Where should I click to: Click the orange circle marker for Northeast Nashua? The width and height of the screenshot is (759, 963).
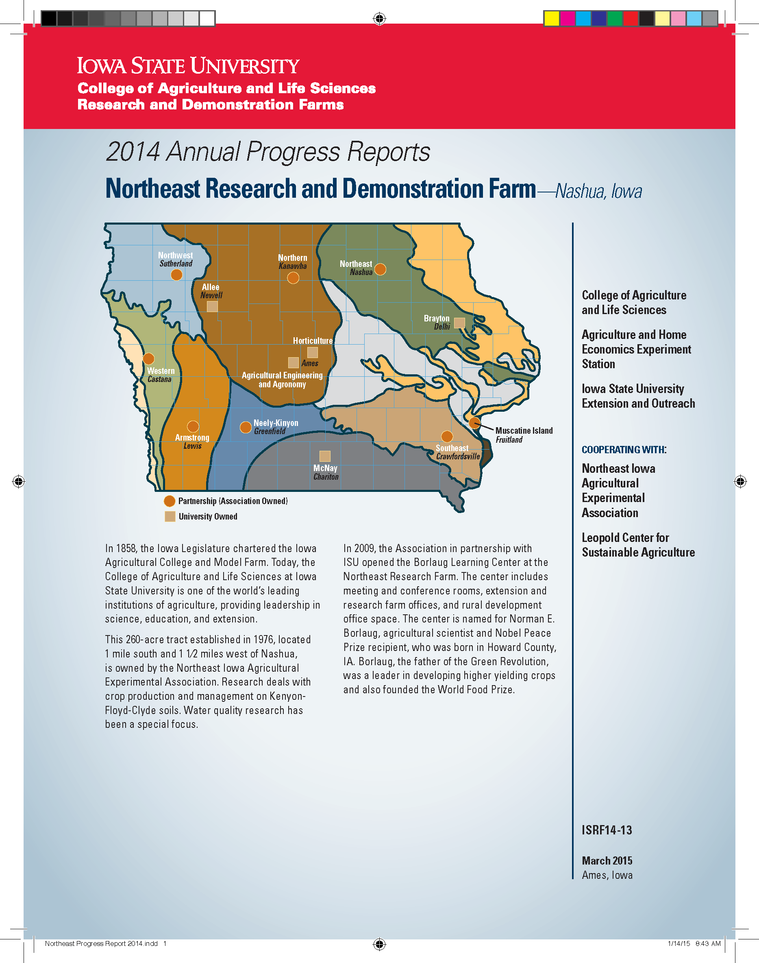pyautogui.click(x=381, y=269)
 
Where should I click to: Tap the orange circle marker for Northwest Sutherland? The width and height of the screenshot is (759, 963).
pyautogui.click(x=176, y=275)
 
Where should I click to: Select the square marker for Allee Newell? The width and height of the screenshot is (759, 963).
pyautogui.click(x=212, y=306)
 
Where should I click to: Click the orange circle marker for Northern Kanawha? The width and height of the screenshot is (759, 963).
pyautogui.click(x=293, y=278)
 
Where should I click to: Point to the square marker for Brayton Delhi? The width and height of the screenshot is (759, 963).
pyautogui.click(x=459, y=323)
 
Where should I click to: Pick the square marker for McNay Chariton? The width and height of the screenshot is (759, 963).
pyautogui.click(x=325, y=456)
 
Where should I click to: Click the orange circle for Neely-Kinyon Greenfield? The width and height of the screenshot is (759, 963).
pyautogui.click(x=246, y=427)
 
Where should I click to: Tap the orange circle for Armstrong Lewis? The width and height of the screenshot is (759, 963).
pyautogui.click(x=193, y=427)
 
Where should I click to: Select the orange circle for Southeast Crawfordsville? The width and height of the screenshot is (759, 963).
pyautogui.click(x=447, y=437)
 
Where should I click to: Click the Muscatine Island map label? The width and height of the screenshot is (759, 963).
pyautogui.click(x=524, y=430)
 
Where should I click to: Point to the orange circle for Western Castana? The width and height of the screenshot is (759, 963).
pyautogui.click(x=148, y=358)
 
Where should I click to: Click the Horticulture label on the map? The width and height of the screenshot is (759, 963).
pyautogui.click(x=312, y=341)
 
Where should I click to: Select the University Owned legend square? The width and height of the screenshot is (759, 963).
pyautogui.click(x=170, y=516)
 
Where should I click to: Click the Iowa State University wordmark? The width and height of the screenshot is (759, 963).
pyautogui.click(x=188, y=66)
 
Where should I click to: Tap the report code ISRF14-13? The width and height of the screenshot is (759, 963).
pyautogui.click(x=607, y=830)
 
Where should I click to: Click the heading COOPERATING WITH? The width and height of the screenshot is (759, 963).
pyautogui.click(x=624, y=450)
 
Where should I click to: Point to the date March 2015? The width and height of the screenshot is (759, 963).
pyautogui.click(x=607, y=860)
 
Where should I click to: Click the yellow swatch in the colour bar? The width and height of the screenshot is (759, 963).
pyautogui.click(x=552, y=19)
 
